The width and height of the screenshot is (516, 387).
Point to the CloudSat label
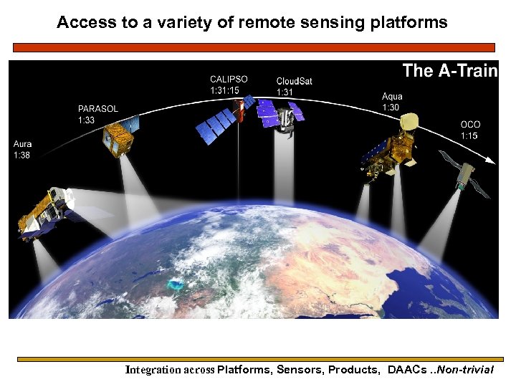[294, 80]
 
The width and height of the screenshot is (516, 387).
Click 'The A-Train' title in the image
[449, 70]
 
